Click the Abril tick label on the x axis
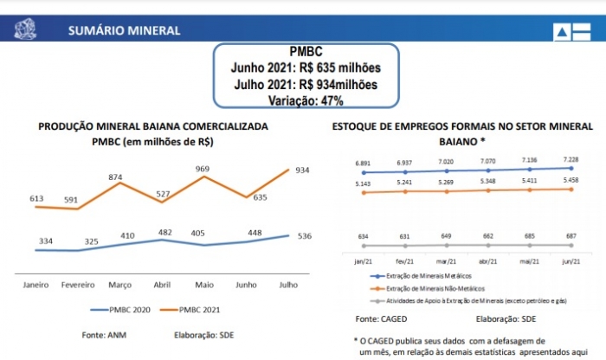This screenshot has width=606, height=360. coord(161,284)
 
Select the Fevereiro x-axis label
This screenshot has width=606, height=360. coord(78,284)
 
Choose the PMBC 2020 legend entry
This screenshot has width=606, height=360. coord(119,308)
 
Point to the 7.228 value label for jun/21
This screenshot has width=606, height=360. coord(570,160)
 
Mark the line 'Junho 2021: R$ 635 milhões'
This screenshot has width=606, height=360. coord(305,67)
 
